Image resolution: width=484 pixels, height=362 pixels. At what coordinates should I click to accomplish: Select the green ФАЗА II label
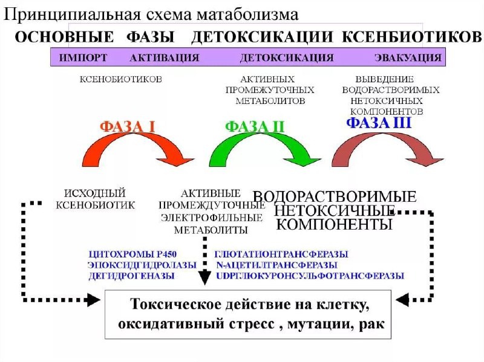(255, 127)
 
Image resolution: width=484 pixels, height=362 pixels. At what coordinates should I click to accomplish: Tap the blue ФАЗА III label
(379, 123)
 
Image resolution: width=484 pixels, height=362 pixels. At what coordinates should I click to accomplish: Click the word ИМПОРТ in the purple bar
(83, 58)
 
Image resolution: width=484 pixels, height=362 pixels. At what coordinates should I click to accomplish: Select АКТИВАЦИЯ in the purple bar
(164, 58)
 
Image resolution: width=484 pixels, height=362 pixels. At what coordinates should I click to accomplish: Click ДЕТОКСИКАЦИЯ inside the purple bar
(287, 58)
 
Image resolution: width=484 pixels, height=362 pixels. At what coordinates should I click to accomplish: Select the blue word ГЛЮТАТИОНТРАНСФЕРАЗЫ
(281, 254)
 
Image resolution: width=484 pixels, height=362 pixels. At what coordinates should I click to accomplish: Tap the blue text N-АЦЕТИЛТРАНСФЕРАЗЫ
(276, 265)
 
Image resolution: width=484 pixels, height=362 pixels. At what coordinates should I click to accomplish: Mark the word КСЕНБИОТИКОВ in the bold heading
(412, 36)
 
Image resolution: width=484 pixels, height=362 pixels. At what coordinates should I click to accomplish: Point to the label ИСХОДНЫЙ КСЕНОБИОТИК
(95, 199)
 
